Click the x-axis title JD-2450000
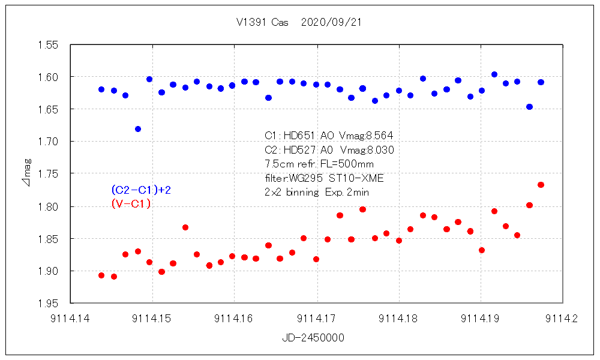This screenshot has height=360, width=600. tap(313, 338)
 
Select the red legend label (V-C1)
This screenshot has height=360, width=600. tap(131, 204)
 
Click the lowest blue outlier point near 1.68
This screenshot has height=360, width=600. tap(138, 129)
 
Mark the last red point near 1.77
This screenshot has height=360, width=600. tap(541, 185)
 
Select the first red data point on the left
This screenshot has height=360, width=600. tap(101, 275)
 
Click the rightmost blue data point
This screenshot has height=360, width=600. tap(541, 82)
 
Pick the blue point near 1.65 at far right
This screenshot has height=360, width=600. tap(529, 107)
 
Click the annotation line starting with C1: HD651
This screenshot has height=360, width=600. tap(329, 136)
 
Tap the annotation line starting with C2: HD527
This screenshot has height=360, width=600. tap(329, 150)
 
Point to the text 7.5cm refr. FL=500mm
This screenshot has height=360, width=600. tap(320, 164)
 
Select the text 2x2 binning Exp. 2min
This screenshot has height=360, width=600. tap(317, 192)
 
